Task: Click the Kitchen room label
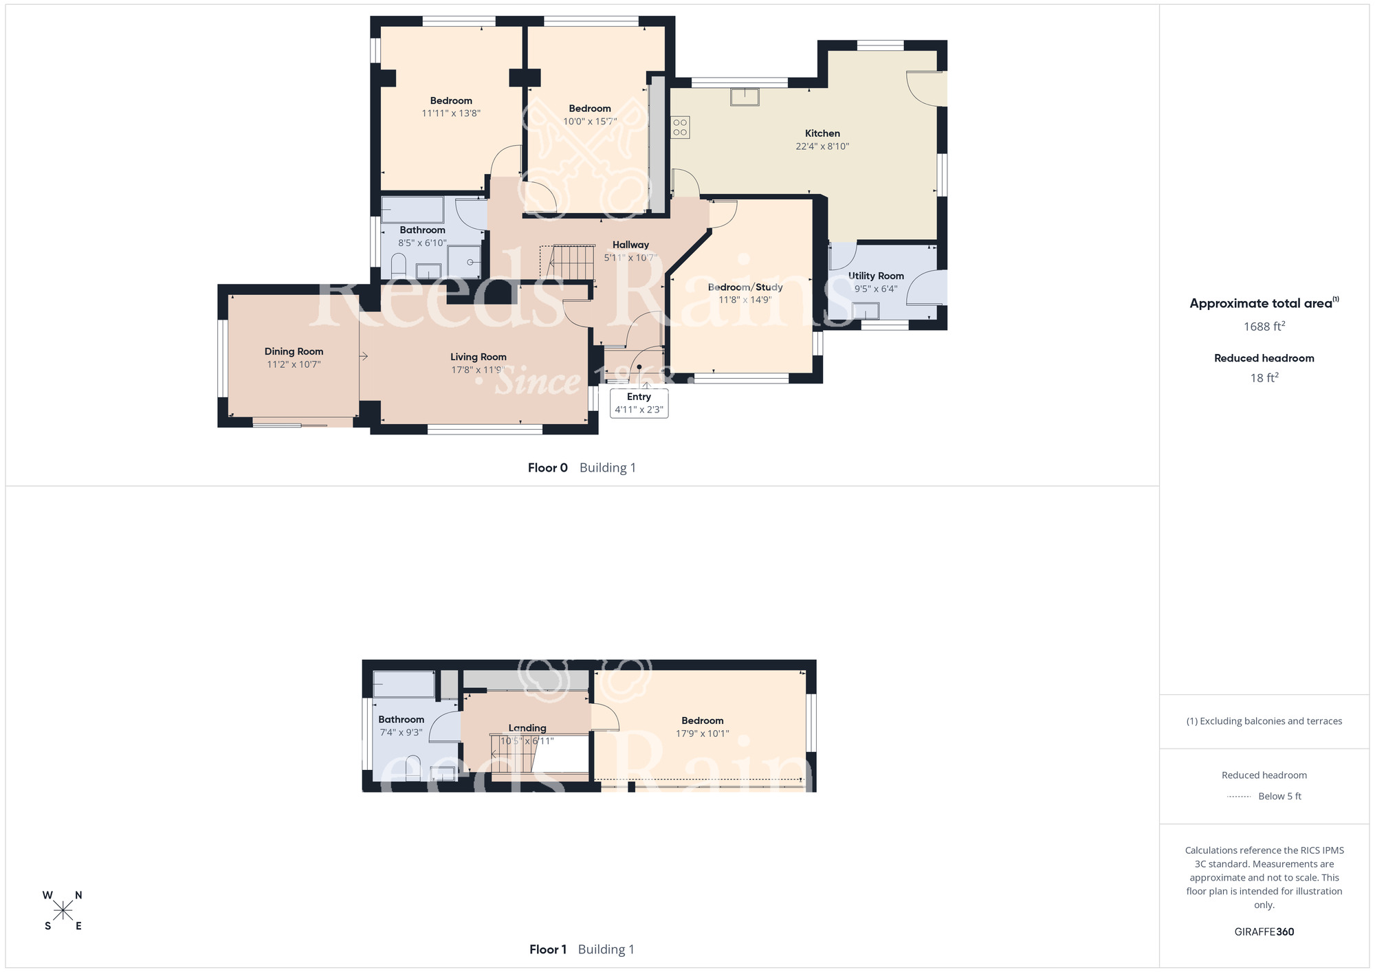pos(822,133)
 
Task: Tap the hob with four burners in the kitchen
pos(680,127)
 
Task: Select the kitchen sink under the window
pos(745,97)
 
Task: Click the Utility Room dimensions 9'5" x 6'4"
pos(875,289)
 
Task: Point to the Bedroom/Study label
pos(745,287)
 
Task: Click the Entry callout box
pos(639,403)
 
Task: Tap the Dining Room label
pos(294,351)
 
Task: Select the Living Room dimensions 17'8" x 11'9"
pos(478,370)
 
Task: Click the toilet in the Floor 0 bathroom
pos(398,266)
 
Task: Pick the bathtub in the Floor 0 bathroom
pos(412,210)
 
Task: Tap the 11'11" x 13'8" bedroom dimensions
pos(451,113)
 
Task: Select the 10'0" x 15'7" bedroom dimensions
pos(590,122)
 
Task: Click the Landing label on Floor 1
pos(527,728)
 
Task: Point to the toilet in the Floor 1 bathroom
pos(412,768)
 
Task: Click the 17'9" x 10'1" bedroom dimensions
pos(702,733)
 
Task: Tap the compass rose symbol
pos(63,911)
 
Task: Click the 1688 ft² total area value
pos(1264,327)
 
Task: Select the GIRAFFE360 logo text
pos(1264,932)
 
